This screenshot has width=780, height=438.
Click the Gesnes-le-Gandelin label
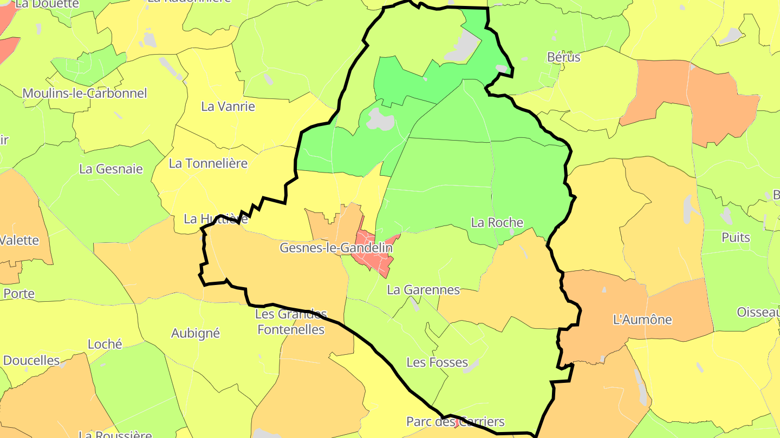pos(336,248)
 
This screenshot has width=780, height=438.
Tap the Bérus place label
pos(563,57)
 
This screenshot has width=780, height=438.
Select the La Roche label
pos(497,222)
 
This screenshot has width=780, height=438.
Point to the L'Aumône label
pos(642,320)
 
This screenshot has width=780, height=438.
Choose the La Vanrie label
pos(228,107)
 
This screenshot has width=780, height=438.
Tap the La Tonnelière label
pos(209,163)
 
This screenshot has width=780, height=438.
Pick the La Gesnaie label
pos(111,169)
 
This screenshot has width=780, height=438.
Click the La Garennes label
pos(423,290)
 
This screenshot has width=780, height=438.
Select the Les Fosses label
pos(437,362)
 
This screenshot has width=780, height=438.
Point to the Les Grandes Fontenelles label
pos(291,322)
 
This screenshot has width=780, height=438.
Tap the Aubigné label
pos(196,333)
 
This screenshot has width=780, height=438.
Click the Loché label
pos(105,344)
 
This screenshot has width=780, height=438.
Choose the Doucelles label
pos(31,360)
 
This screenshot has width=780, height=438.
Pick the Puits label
pos(736,237)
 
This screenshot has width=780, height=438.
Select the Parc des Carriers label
pos(456,422)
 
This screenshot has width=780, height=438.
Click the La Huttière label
pos(216,219)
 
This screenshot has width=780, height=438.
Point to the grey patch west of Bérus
pos(462,44)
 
